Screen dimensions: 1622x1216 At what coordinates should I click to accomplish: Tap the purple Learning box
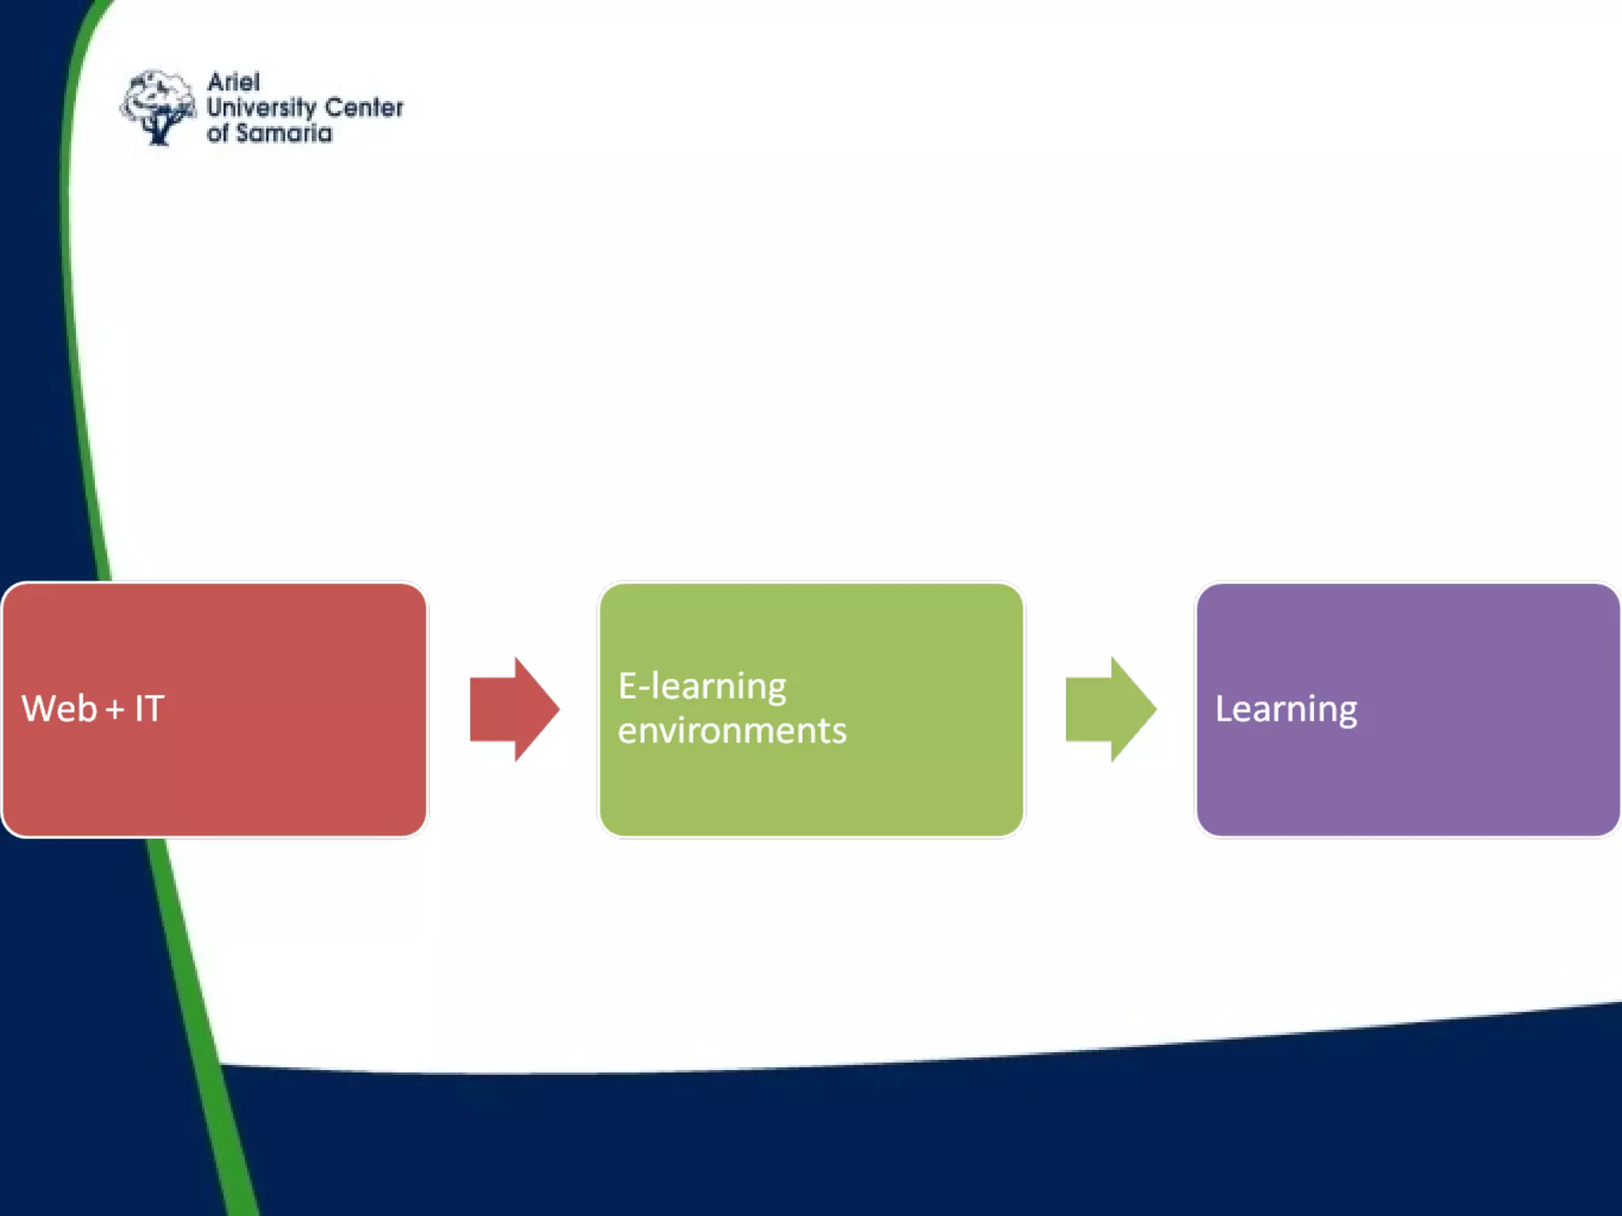click(1408, 784)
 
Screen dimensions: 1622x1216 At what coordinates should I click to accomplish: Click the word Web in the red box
click(59, 709)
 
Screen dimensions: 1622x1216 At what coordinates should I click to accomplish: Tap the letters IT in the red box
click(149, 709)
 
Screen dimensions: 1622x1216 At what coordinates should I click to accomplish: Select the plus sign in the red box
click(115, 709)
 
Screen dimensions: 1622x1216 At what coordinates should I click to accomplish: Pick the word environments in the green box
click(732, 731)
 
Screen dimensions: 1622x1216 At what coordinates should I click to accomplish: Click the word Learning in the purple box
click(1286, 709)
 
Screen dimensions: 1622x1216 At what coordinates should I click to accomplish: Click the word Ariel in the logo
click(234, 82)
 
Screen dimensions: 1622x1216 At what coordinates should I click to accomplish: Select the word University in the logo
click(261, 108)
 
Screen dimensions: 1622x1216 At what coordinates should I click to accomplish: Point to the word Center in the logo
click(364, 108)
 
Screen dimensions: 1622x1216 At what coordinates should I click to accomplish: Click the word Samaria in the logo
click(284, 133)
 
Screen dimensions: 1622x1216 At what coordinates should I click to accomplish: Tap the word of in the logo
click(218, 133)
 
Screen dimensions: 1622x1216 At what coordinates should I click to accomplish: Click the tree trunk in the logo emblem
click(159, 131)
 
